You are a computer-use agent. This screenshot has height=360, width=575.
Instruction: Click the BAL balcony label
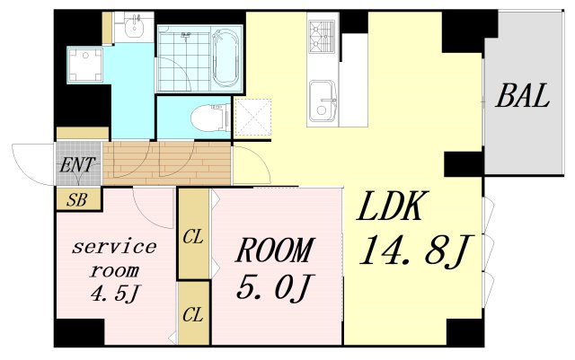pos(522,96)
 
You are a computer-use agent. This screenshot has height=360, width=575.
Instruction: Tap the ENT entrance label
pos(78,165)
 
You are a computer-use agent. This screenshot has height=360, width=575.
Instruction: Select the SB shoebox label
pos(77,200)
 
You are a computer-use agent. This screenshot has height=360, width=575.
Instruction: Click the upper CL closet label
pos(193,237)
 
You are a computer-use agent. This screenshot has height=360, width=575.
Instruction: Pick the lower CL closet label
pos(193,314)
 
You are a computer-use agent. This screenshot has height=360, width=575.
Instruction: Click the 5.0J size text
pos(273,288)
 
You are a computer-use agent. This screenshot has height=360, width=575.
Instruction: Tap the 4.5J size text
pos(115,293)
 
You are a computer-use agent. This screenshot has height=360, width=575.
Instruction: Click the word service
pos(114,247)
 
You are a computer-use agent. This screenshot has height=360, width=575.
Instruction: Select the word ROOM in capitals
pos(275,250)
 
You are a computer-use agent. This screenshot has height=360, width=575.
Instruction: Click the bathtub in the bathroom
pos(226,58)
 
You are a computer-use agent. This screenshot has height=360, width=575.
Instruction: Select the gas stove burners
pos(322,36)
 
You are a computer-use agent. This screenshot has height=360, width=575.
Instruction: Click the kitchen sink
pos(323,101)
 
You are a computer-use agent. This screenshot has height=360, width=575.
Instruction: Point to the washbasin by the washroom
pos(134,26)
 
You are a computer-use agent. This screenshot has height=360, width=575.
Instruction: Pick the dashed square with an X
pos(253,118)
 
